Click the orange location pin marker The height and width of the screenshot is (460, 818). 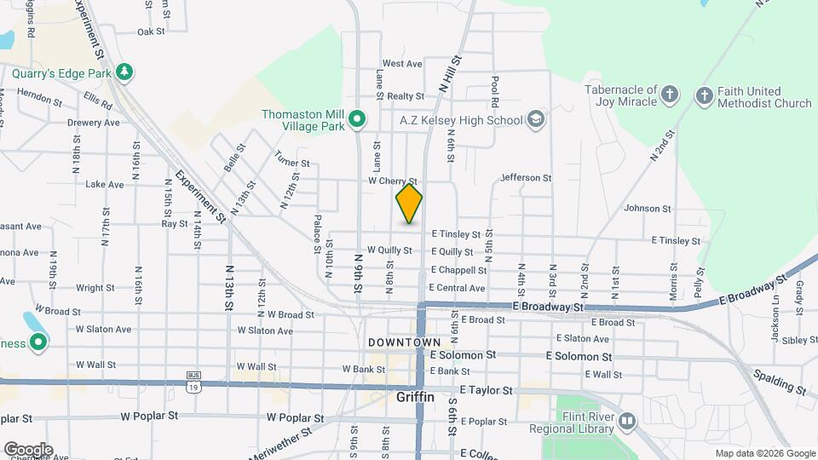point(409,204)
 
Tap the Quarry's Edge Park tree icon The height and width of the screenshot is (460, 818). point(125,72)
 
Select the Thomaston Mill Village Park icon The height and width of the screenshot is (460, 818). point(358,120)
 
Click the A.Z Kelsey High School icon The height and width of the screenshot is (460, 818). point(535,120)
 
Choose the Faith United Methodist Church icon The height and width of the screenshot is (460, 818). point(704,95)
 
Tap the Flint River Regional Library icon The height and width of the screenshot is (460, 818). point(627,421)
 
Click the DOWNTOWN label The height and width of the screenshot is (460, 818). point(405,342)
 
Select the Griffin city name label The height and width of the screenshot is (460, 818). point(416,397)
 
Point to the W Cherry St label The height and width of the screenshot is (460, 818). point(392,181)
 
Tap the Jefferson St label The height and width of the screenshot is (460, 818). point(527,178)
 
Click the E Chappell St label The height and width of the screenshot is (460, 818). point(458,270)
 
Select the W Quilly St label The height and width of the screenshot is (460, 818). point(389,250)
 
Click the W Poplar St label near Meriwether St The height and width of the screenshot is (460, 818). point(295,418)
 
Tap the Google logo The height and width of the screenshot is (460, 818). point(28,450)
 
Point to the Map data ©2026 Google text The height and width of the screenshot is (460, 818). point(764,453)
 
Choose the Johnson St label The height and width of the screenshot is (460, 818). point(642,208)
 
